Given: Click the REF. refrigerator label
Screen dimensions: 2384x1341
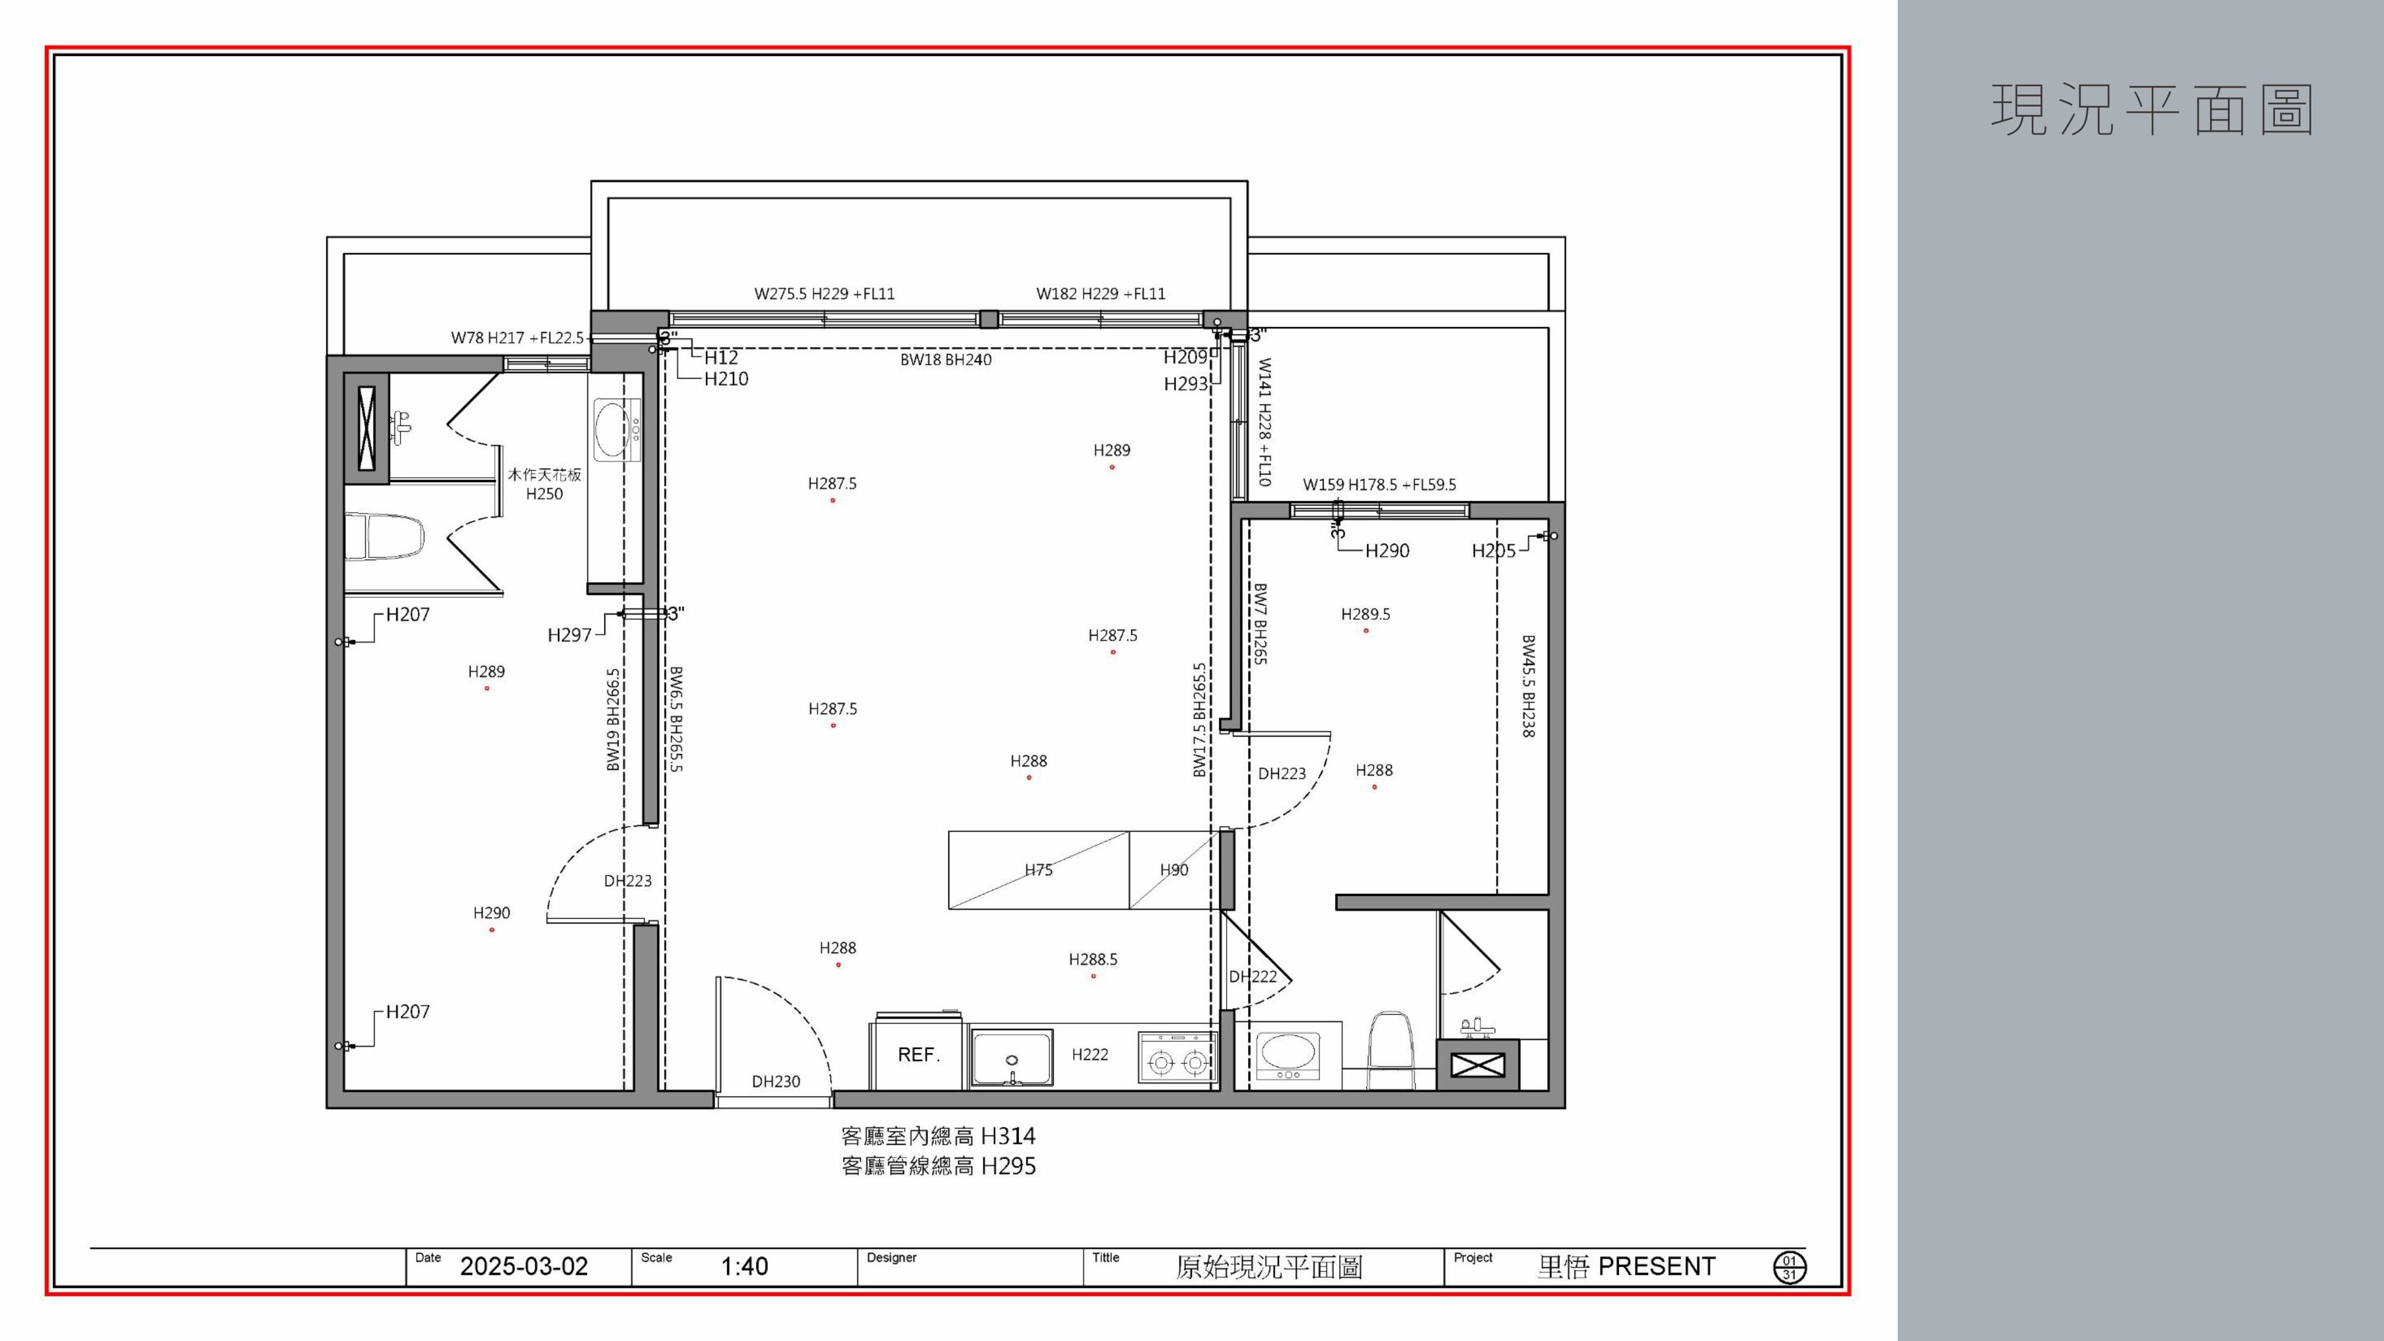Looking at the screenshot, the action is [x=918, y=1054].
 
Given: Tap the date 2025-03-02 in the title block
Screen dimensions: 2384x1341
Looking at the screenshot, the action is [x=524, y=1266].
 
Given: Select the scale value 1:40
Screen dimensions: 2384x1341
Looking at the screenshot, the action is [x=744, y=1266].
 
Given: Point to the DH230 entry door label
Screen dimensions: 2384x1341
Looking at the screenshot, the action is [x=775, y=1081].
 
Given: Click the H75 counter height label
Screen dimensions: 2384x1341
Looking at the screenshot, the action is [x=1038, y=870].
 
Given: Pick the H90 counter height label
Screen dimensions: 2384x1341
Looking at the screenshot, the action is [x=1174, y=870].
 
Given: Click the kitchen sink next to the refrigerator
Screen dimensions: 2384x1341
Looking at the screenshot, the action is [x=1011, y=1057].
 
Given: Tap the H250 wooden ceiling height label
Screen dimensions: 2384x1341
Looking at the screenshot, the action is [x=544, y=494].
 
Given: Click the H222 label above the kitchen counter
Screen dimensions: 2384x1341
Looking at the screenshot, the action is [x=1089, y=1054].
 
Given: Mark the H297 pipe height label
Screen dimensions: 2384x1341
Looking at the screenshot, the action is [x=569, y=635].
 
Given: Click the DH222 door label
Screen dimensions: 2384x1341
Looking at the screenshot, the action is [x=1252, y=976].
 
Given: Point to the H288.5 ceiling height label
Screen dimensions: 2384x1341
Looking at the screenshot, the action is [x=1093, y=960].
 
